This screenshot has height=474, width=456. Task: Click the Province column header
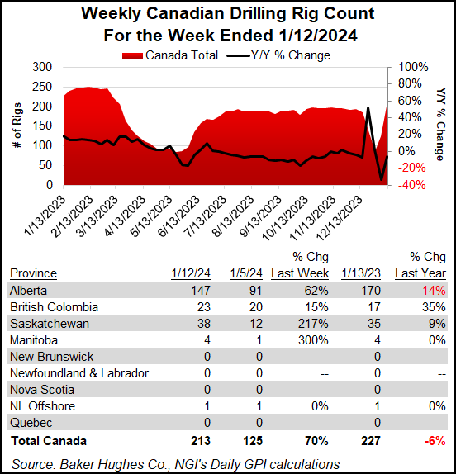click(33, 273)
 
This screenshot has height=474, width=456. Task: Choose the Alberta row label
click(27, 290)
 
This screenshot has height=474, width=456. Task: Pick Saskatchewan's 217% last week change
click(314, 323)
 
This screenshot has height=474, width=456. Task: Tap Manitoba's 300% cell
click(314, 340)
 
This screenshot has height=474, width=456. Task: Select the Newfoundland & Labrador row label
click(79, 373)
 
